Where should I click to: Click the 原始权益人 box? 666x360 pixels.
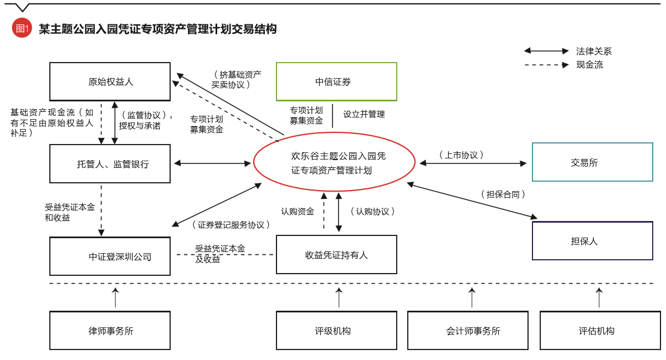[110, 81]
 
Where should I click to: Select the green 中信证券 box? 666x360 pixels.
[336, 81]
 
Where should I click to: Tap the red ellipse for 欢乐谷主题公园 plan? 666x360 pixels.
[334, 163]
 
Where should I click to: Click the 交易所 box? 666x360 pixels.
[592, 162]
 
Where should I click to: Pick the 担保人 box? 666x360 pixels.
[592, 240]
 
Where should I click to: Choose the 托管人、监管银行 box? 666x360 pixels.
[110, 163]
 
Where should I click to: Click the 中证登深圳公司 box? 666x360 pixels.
[110, 256]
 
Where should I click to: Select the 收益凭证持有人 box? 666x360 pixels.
[336, 254]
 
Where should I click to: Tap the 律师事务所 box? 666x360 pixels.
[110, 330]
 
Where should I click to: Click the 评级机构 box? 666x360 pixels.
[336, 330]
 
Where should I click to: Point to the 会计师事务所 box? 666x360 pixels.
[473, 330]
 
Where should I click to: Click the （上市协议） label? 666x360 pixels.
[461, 155]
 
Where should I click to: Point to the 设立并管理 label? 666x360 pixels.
[363, 114]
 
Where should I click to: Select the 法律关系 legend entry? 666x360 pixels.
[593, 51]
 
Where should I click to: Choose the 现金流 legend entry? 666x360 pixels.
[589, 65]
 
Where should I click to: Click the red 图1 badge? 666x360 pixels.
[22, 29]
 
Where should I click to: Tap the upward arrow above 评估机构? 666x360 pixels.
[599, 297]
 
